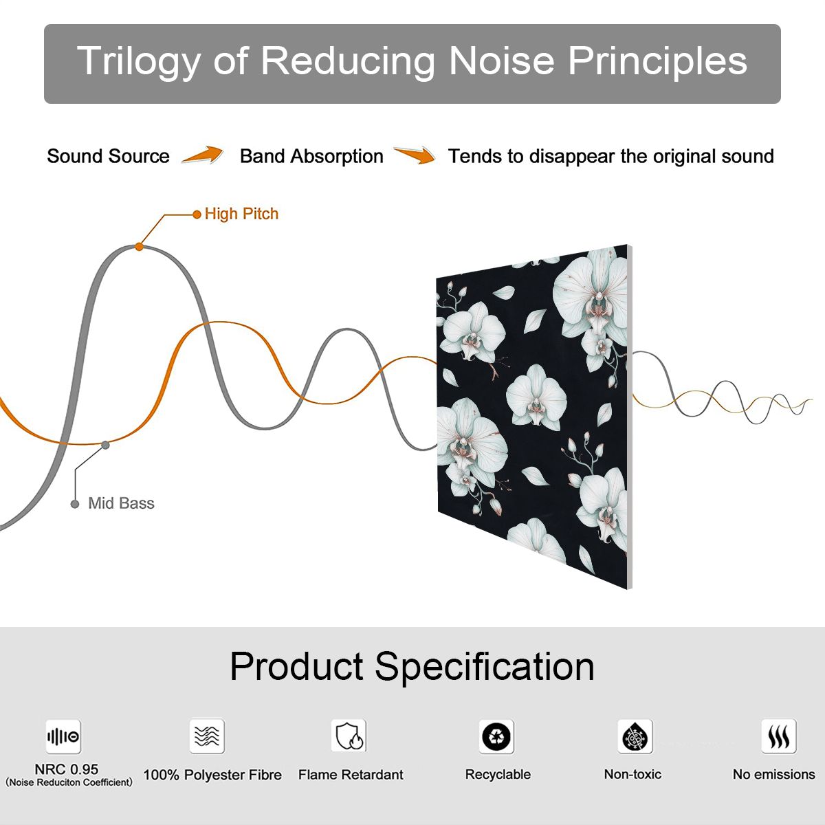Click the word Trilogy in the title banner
(x=139, y=61)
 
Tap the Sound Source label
(x=109, y=156)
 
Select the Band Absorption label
(x=311, y=156)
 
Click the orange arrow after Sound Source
(x=203, y=155)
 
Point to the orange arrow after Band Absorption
(x=415, y=155)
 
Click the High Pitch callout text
(x=241, y=214)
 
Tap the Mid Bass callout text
(x=121, y=503)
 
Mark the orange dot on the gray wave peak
(x=139, y=247)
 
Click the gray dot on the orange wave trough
(x=105, y=445)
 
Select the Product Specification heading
(x=412, y=667)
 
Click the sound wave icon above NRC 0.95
(x=63, y=736)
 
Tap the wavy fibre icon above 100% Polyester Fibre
(x=207, y=736)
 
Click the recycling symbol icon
(x=496, y=736)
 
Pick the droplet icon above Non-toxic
(x=635, y=736)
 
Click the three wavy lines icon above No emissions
(x=779, y=736)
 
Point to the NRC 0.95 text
(x=67, y=769)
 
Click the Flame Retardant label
(x=351, y=775)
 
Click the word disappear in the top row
(x=571, y=157)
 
